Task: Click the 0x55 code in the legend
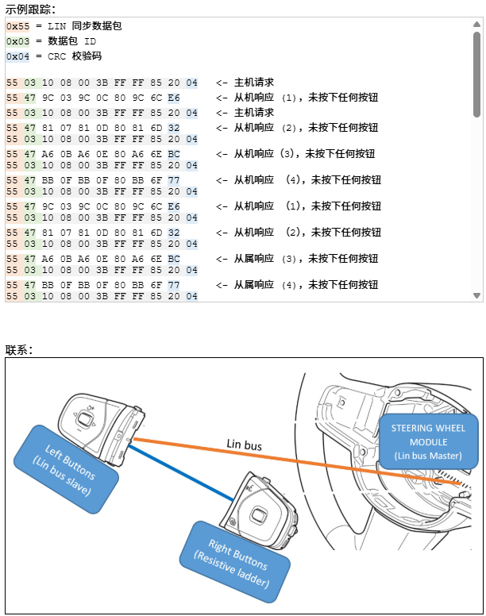click(17, 26)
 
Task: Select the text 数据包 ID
click(72, 41)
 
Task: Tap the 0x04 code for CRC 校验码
click(17, 56)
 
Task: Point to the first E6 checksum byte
click(174, 98)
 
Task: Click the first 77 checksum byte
click(174, 180)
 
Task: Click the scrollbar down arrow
click(476, 296)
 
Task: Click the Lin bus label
click(244, 445)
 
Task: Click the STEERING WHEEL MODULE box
click(428, 441)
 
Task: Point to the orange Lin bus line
click(318, 464)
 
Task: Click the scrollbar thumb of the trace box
click(476, 75)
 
